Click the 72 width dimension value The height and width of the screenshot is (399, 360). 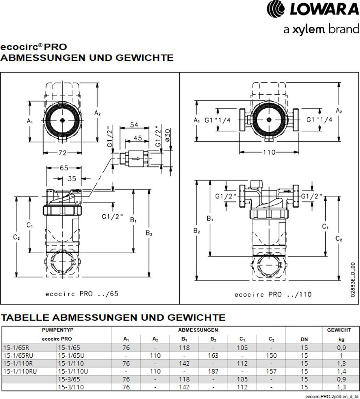pos(62,153)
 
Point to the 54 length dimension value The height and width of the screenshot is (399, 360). pos(134,125)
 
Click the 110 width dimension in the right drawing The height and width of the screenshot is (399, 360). pos(269,152)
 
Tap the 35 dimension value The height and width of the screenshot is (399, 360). pos(71,179)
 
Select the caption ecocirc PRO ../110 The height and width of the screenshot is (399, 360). pos(273,294)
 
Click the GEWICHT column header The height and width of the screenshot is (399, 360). pos(339,330)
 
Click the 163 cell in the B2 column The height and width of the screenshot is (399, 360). pos(213,355)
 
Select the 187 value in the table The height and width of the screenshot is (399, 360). pos(213,371)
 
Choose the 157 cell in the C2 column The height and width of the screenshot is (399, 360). pos(271,371)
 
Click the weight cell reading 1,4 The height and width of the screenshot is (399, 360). pos(341,371)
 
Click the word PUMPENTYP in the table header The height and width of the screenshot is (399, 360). pos(57,330)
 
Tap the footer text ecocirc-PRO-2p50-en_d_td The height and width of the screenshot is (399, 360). pos(332,396)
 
